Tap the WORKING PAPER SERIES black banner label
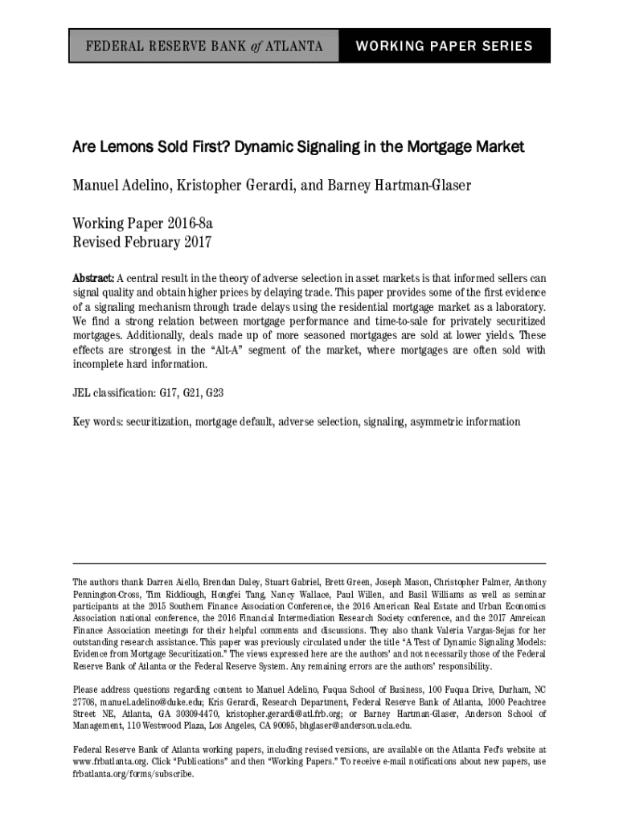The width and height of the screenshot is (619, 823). point(444,46)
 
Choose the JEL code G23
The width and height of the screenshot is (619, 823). point(215,394)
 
